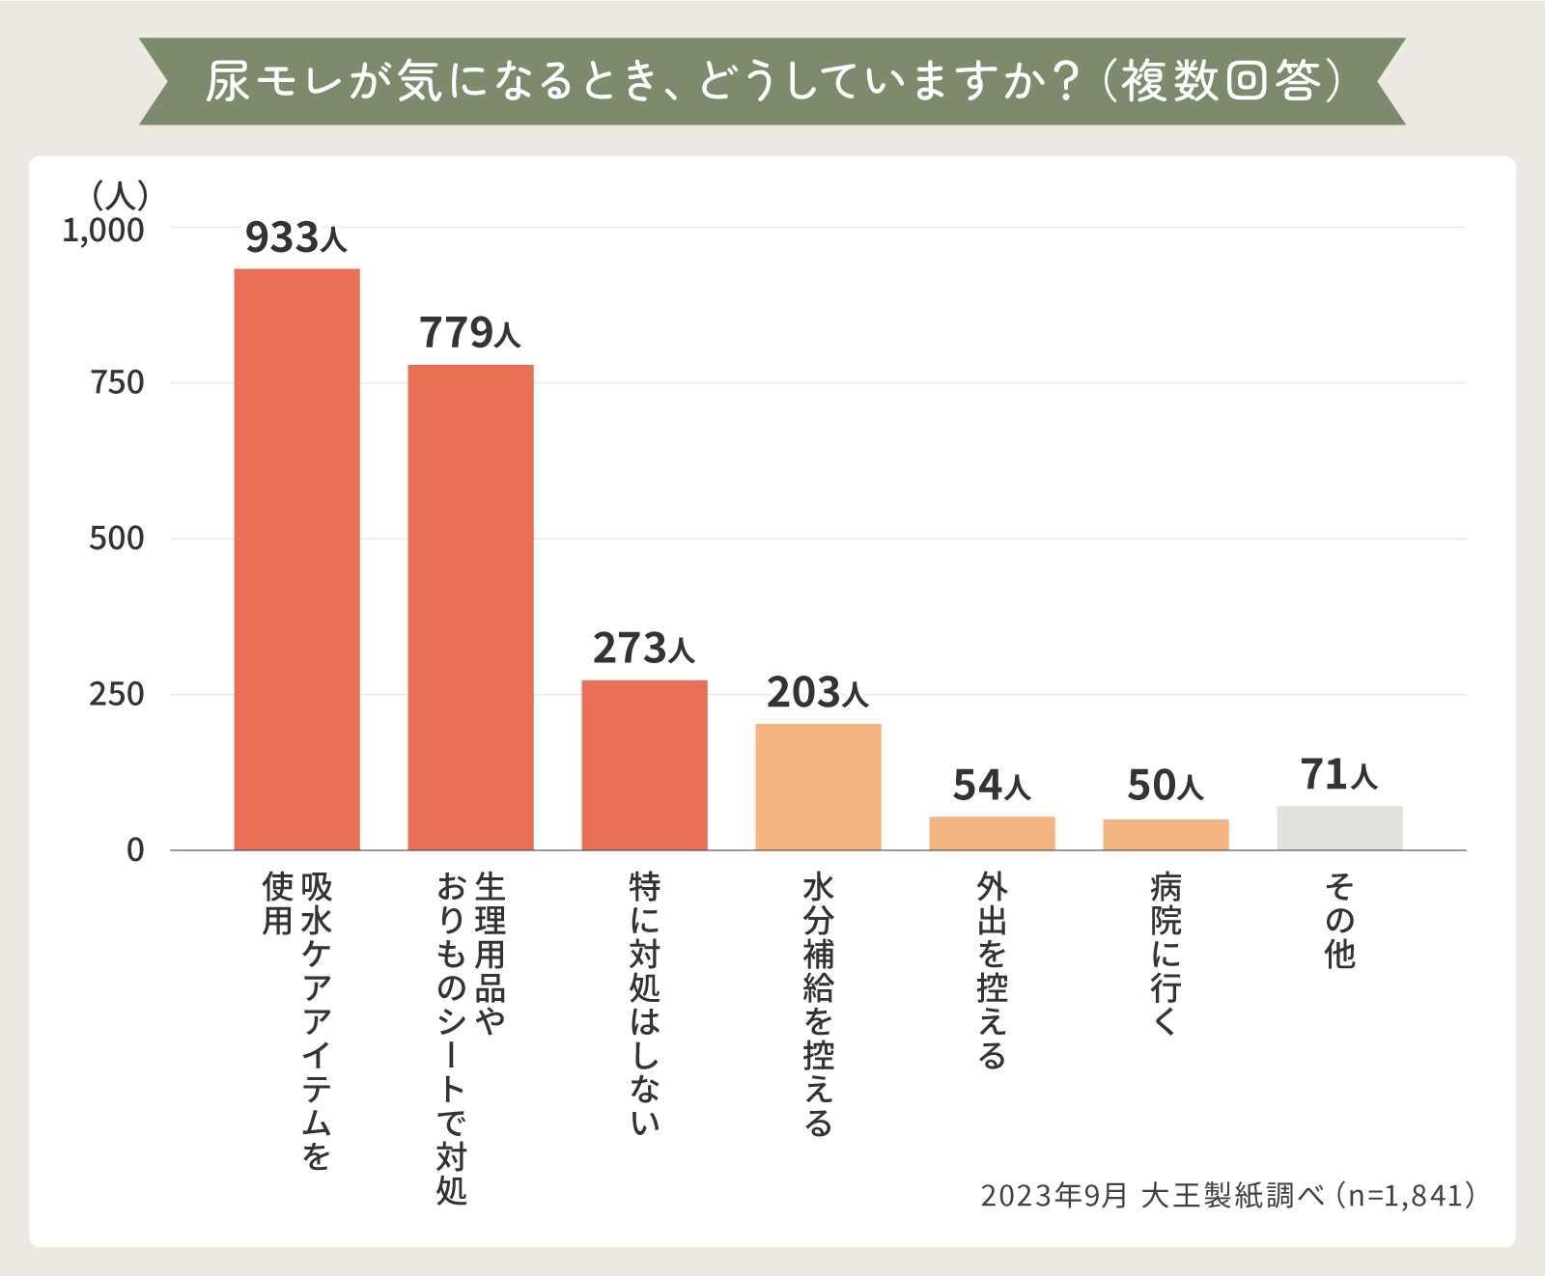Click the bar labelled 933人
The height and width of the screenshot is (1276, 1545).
296,559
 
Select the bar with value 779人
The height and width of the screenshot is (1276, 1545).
470,607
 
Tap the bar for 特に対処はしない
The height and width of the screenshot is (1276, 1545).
644,764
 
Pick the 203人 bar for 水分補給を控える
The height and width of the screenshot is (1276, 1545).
818,787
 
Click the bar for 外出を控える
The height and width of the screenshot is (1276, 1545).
992,833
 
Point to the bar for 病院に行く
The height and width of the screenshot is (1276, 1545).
1166,834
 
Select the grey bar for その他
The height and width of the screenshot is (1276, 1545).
1339,827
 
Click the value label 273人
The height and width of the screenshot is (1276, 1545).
643,649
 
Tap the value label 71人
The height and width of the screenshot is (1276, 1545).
1338,775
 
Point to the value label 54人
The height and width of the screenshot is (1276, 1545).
992,786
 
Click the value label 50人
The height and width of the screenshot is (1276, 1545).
1166,786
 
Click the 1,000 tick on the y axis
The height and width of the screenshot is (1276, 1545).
103,231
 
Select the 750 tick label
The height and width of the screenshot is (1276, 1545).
117,383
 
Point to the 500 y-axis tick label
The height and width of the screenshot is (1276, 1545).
117,539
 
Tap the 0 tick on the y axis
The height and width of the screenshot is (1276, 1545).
135,850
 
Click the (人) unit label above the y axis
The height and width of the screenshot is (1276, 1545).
120,196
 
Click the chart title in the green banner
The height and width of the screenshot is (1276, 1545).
772,81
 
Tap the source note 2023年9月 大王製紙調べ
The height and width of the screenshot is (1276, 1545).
1227,1196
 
